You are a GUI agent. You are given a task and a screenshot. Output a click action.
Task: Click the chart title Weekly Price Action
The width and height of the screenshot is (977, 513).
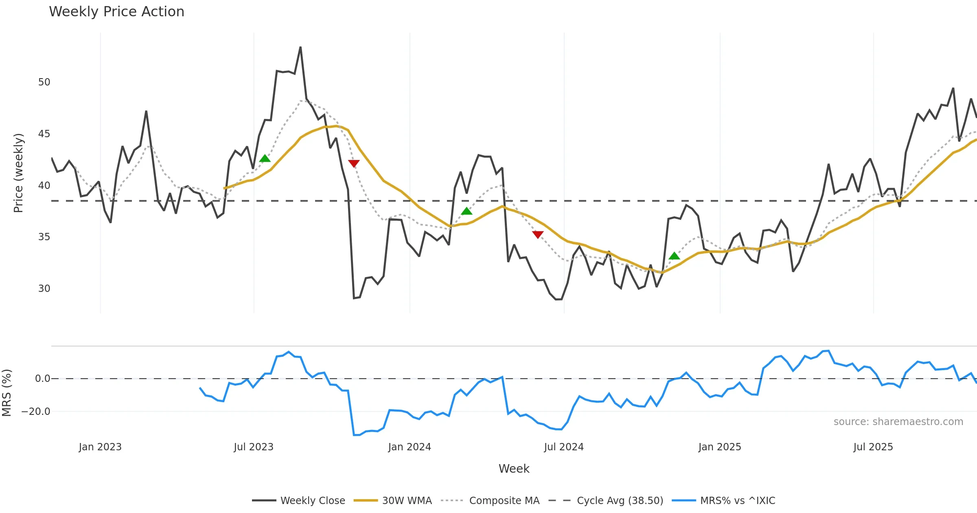pos(116,12)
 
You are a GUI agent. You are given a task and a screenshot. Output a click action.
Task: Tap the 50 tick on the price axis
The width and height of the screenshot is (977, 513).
pos(44,82)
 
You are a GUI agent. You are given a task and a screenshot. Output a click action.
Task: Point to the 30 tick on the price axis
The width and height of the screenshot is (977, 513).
pos(44,289)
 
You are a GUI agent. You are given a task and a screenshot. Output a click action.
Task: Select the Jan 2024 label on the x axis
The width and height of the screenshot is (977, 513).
pos(409,447)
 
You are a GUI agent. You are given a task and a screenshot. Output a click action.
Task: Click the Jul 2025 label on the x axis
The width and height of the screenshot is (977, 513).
pos(873,447)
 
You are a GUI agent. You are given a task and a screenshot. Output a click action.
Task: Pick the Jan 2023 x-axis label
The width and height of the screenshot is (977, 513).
pos(100,447)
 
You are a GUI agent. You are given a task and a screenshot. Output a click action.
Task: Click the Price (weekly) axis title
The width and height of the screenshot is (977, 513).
pos(18,173)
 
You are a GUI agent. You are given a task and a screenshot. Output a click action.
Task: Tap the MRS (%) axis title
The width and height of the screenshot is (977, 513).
pos(7,392)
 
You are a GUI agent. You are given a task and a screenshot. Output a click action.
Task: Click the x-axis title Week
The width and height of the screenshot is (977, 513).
pos(514,469)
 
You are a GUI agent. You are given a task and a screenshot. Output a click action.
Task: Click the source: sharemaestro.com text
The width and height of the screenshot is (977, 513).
pos(898,422)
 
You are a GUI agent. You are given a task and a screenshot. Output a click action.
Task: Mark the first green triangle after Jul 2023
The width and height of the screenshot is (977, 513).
pos(265,158)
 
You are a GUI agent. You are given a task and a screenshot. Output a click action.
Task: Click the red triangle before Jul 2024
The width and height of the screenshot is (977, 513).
pos(538,235)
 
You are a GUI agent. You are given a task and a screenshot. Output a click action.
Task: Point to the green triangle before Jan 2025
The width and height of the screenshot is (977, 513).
pos(674,256)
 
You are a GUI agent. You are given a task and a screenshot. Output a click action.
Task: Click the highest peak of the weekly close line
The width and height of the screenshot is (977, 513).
pos(300,48)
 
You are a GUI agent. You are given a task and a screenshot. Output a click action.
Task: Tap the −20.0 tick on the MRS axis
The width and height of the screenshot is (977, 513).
pos(36,412)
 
